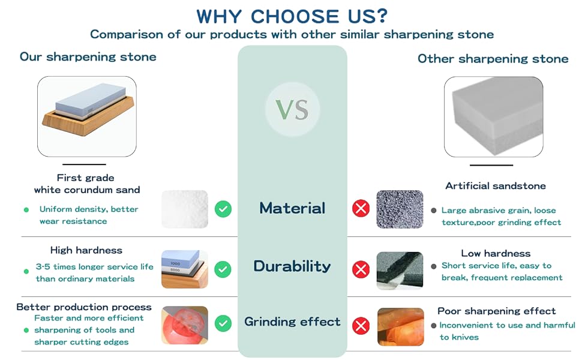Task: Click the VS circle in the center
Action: click(x=292, y=109)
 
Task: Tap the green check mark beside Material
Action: click(x=223, y=209)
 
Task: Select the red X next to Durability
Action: click(x=361, y=269)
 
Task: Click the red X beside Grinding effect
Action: click(x=361, y=326)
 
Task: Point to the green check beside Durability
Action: click(x=223, y=269)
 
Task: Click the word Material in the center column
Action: click(x=292, y=208)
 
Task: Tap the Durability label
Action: click(x=292, y=266)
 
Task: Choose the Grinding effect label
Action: click(x=292, y=322)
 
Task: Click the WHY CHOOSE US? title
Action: click(x=292, y=16)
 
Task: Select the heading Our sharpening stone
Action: click(x=88, y=57)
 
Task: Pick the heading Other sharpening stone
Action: click(x=493, y=59)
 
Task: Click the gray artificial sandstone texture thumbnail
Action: click(x=400, y=209)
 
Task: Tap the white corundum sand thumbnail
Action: click(x=185, y=209)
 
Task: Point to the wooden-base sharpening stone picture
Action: click(x=87, y=116)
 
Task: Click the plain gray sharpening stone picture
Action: click(x=494, y=117)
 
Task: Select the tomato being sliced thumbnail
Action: click(x=185, y=325)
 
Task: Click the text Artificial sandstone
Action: click(x=496, y=186)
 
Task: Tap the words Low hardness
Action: click(x=496, y=253)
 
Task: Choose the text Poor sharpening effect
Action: click(x=497, y=311)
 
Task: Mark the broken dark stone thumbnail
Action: click(x=400, y=271)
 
